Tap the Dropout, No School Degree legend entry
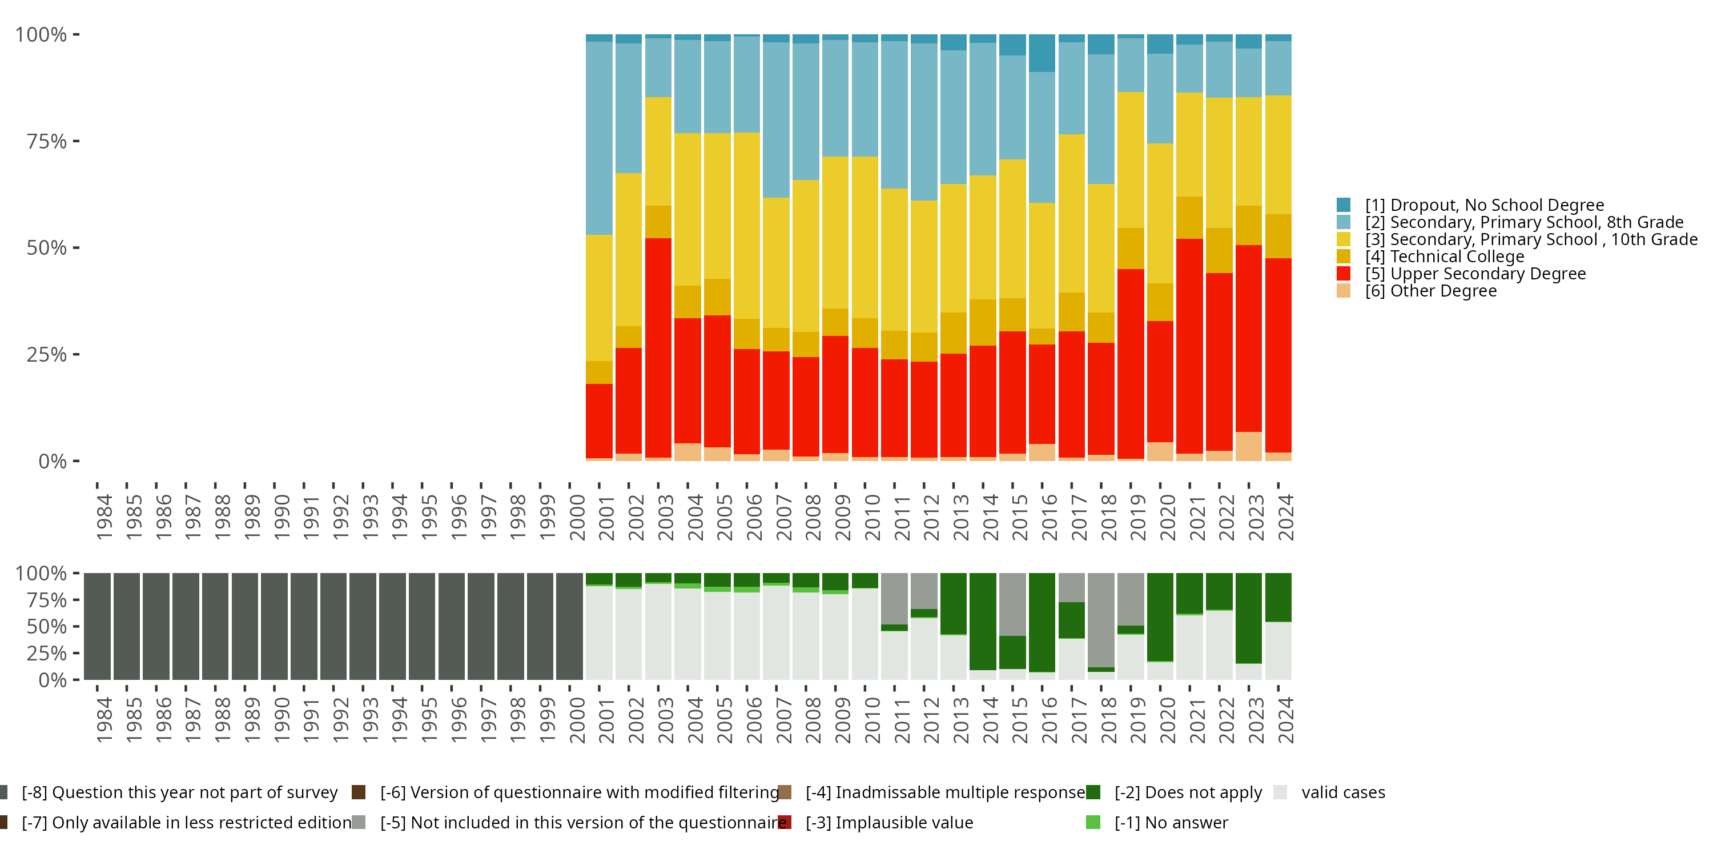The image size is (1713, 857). [x=1483, y=205]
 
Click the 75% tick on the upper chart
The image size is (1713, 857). [x=47, y=141]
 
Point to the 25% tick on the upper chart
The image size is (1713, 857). [x=47, y=355]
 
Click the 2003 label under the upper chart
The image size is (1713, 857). [x=666, y=518]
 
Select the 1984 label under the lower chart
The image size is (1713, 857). [x=104, y=720]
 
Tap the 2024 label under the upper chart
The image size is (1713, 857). [x=1286, y=518]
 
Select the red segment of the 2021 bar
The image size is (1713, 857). [x=1189, y=346]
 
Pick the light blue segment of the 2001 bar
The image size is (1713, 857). [x=599, y=138]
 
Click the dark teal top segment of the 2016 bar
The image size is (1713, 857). [x=1042, y=53]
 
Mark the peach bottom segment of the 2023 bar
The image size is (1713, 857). [x=1249, y=446]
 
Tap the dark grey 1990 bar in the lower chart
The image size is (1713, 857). [x=274, y=626]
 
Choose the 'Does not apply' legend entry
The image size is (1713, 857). [x=1188, y=792]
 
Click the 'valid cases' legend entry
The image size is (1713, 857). [x=1342, y=792]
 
